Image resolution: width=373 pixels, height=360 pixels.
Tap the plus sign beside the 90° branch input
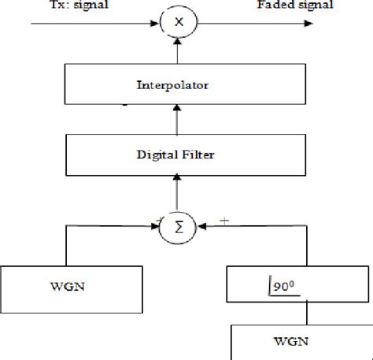pyautogui.click(x=223, y=221)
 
